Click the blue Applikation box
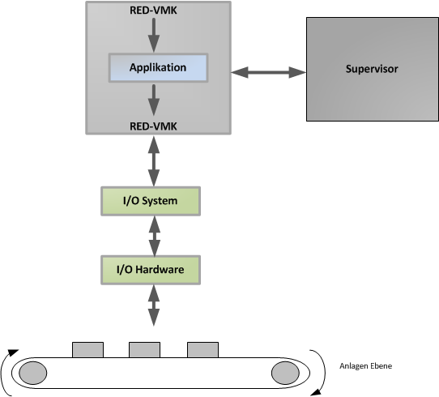pyautogui.click(x=158, y=68)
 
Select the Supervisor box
pyautogui.click(x=373, y=69)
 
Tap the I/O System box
pyautogui.click(x=151, y=201)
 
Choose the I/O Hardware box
pyautogui.click(x=151, y=270)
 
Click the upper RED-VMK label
pyautogui.click(x=153, y=11)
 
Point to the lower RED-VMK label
pyautogui.click(x=153, y=126)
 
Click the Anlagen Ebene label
pyautogui.click(x=365, y=366)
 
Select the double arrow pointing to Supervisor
pyautogui.click(x=268, y=72)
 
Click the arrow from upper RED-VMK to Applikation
pyautogui.click(x=154, y=35)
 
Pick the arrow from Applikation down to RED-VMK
pyautogui.click(x=154, y=100)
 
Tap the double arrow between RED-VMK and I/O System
pyautogui.click(x=154, y=161)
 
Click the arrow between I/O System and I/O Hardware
pyautogui.click(x=155, y=236)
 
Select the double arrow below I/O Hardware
pyautogui.click(x=154, y=305)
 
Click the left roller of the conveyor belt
pyautogui.click(x=33, y=373)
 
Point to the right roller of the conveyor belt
pyautogui.click(x=285, y=373)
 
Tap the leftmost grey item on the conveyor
pyautogui.click(x=88, y=350)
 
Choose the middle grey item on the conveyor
pyautogui.click(x=144, y=350)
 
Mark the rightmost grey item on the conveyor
pyautogui.click(x=202, y=350)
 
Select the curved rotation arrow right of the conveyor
pyautogui.click(x=325, y=373)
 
